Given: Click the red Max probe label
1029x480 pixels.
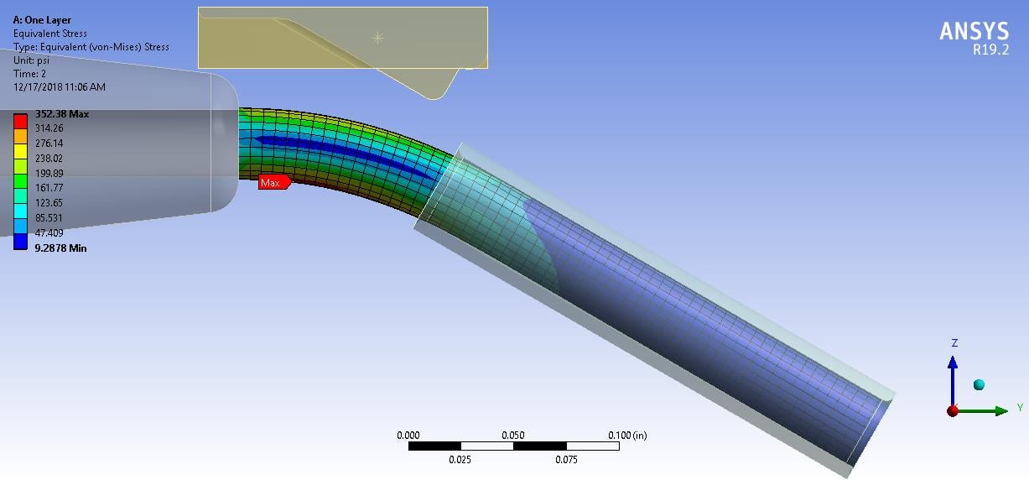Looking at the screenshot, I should [x=273, y=182].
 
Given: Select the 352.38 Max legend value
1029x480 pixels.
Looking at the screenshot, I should [x=61, y=114].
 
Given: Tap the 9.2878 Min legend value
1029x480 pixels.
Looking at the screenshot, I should [x=60, y=248].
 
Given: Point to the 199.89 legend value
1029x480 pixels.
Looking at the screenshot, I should [x=49, y=173].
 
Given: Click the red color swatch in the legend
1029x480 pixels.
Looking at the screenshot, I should [x=20, y=121].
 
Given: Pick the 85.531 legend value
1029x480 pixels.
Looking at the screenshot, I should [x=49, y=218].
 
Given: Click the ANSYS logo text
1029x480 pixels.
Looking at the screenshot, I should [x=974, y=31].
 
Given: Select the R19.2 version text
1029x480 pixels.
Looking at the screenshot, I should [x=990, y=50].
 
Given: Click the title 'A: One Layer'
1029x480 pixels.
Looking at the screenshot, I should [x=42, y=20].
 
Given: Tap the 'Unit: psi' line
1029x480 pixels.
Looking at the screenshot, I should [x=32, y=60].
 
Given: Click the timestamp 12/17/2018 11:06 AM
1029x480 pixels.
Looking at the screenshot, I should [x=60, y=87].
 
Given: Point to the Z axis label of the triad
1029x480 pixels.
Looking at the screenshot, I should [x=954, y=343].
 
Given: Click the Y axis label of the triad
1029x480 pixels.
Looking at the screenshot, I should [x=1019, y=408].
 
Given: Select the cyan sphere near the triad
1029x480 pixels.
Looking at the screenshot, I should [x=978, y=384].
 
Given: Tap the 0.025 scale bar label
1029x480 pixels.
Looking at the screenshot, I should [x=460, y=460].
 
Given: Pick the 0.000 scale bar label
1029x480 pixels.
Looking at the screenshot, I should [x=408, y=436].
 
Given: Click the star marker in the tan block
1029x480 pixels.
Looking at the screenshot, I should [x=377, y=37].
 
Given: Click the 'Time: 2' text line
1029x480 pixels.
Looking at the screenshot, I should [x=29, y=74].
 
